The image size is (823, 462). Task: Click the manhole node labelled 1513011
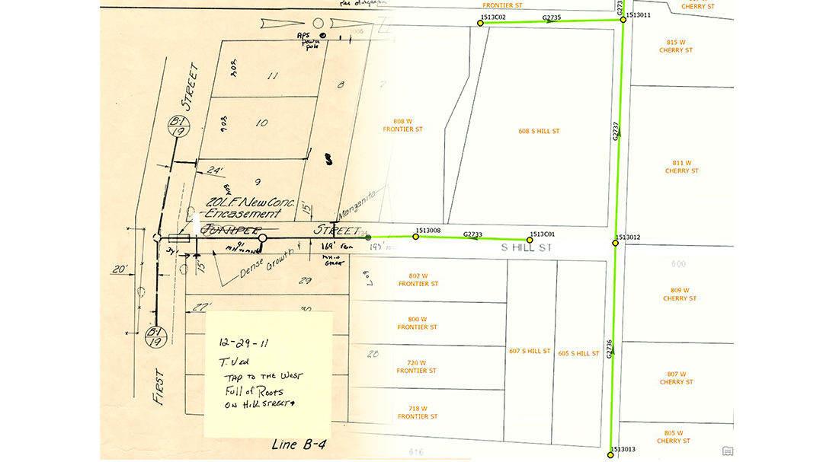pyautogui.click(x=623, y=20)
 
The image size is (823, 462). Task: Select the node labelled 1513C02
pyautogui.click(x=481, y=23)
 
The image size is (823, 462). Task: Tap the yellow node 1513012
pyautogui.click(x=616, y=244)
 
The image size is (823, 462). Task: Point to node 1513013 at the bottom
pyautogui.click(x=610, y=454)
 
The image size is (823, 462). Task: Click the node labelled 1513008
pyautogui.click(x=415, y=236)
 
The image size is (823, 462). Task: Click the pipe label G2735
pyautogui.click(x=551, y=17)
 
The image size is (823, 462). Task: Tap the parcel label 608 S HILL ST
pyautogui.click(x=539, y=132)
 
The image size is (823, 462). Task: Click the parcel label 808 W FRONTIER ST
pyautogui.click(x=402, y=126)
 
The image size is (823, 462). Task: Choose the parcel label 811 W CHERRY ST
pyautogui.click(x=681, y=167)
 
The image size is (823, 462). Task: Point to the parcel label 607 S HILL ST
pyautogui.click(x=530, y=351)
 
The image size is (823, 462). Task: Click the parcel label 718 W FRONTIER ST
pyautogui.click(x=417, y=413)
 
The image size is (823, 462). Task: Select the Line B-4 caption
pyautogui.click(x=299, y=444)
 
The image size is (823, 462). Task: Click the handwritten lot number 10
pyautogui.click(x=261, y=123)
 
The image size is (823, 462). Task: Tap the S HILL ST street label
pyautogui.click(x=526, y=248)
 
